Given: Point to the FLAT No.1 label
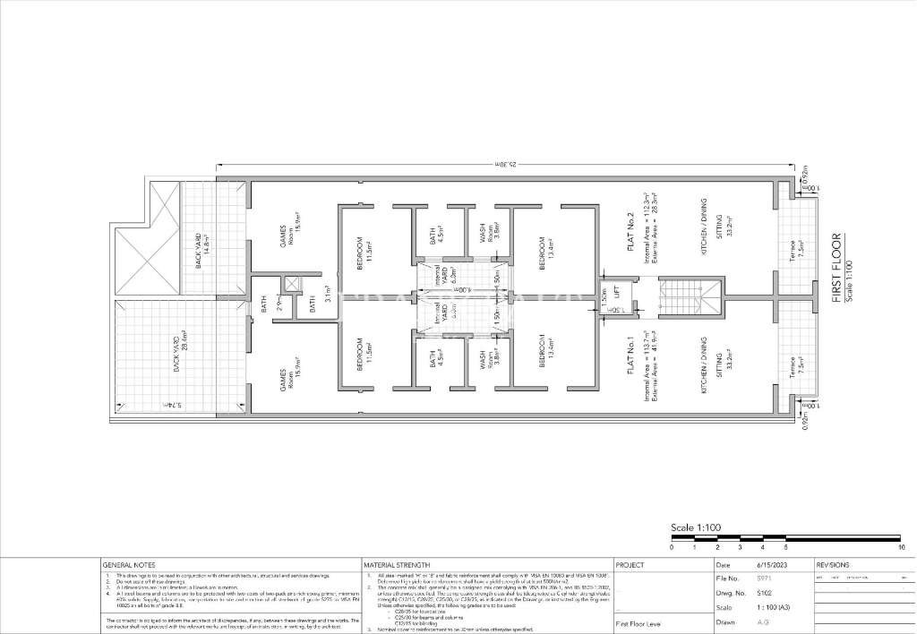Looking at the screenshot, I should pyautogui.click(x=631, y=359).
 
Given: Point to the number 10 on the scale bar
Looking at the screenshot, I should pyautogui.click(x=901, y=546).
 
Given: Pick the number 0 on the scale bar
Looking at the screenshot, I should pyautogui.click(x=672, y=546).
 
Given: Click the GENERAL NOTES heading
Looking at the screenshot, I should pyautogui.click(x=129, y=565).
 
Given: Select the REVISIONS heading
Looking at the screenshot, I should pyautogui.click(x=836, y=565).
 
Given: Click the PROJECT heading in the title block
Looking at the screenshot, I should pyautogui.click(x=630, y=565).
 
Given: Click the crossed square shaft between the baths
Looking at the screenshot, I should pyautogui.click(x=292, y=286).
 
